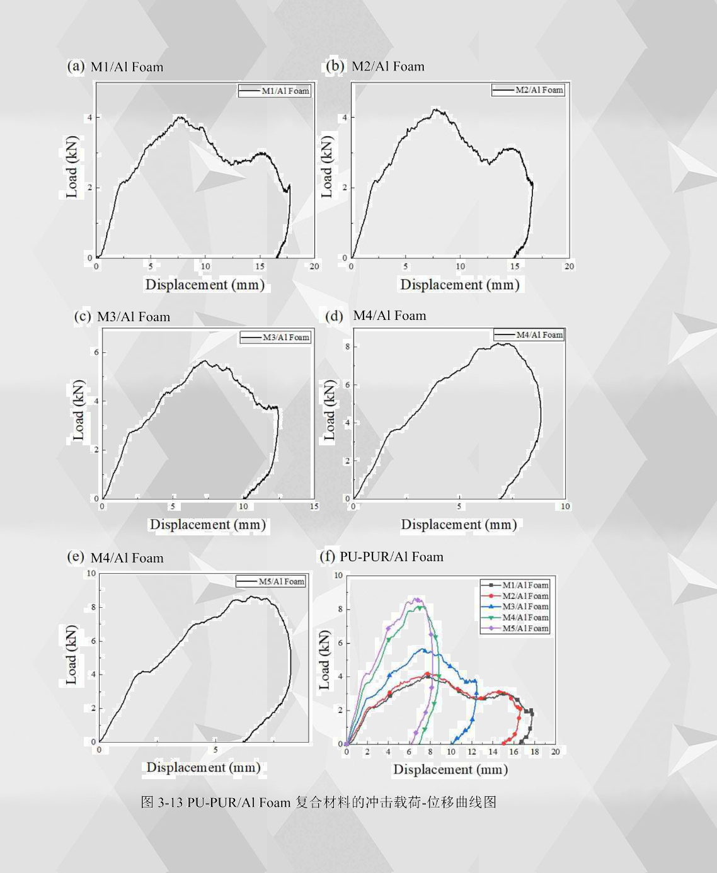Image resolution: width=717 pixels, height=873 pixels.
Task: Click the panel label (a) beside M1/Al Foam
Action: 76,66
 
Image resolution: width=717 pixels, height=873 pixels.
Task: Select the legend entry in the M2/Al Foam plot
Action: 528,90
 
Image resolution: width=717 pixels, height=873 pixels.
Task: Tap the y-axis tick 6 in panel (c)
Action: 96,352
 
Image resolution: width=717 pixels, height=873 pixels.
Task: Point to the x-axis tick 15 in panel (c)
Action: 314,506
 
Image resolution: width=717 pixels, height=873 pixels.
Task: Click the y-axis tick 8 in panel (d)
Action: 347,346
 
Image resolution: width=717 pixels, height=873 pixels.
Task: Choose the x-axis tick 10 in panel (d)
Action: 565,506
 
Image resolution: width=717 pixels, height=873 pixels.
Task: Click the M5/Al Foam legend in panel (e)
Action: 271,581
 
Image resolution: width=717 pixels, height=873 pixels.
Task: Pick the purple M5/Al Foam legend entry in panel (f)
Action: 515,628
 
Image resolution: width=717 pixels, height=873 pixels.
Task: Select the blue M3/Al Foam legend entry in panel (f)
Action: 515,607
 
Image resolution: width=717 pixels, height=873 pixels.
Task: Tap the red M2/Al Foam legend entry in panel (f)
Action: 515,596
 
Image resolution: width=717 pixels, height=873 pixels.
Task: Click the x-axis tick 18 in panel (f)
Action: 534,751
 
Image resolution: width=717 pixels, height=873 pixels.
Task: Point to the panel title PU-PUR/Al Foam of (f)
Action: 391,557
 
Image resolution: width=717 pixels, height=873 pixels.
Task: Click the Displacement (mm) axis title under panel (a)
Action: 205,285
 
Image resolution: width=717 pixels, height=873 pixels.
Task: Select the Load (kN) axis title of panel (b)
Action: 327,166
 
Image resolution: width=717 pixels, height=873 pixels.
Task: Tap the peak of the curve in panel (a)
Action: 180,117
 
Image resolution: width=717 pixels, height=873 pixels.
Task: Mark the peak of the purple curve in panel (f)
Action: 416,599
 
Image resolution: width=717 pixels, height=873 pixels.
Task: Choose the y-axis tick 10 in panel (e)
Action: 91,573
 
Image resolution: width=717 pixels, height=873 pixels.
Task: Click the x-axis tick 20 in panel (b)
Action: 569,266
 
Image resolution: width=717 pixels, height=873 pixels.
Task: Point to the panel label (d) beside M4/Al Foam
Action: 334,316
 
